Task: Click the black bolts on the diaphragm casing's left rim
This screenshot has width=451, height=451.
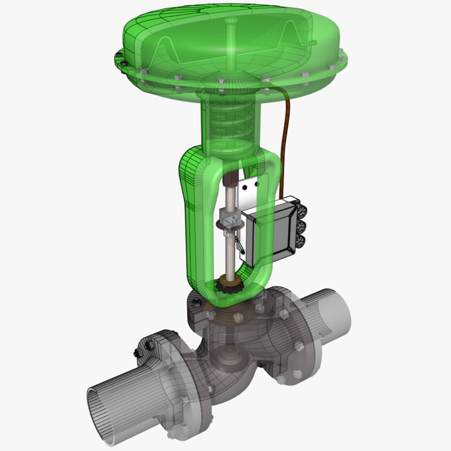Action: pyautogui.click(x=118, y=57)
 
